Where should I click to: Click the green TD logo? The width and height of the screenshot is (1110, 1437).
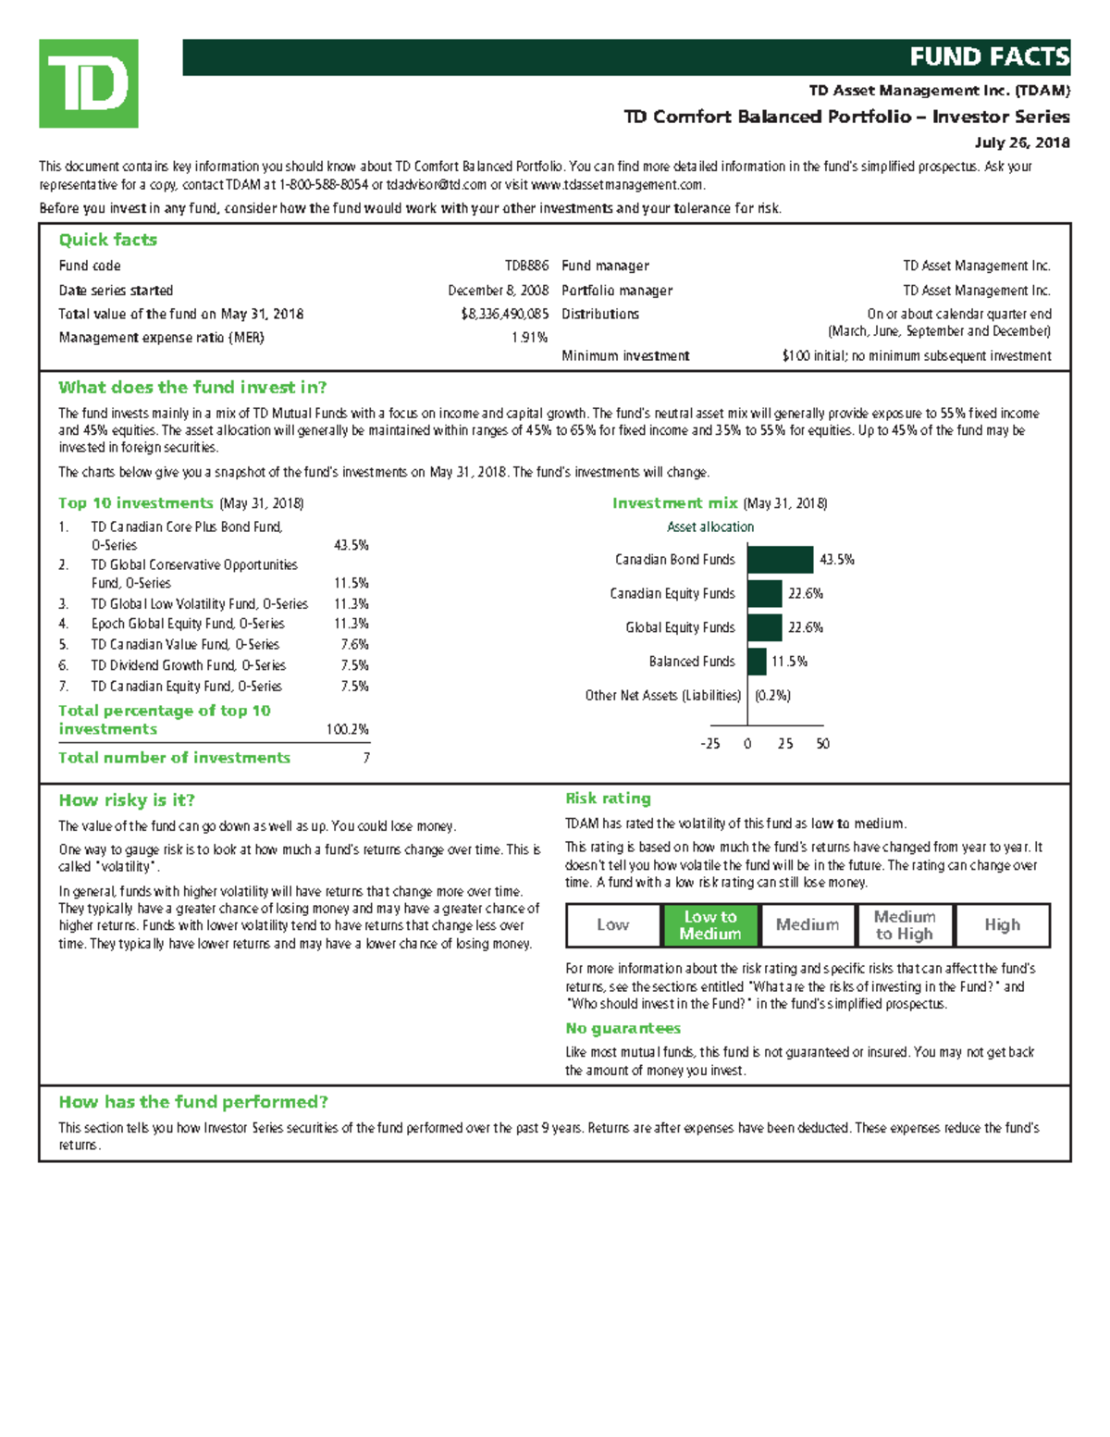tap(88, 83)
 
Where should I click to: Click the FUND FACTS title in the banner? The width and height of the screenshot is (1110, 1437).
tap(988, 57)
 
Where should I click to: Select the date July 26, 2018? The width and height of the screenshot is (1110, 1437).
tap(1022, 142)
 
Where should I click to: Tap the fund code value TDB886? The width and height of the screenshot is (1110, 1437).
tap(526, 266)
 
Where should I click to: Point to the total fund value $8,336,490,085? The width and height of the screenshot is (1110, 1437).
tap(504, 314)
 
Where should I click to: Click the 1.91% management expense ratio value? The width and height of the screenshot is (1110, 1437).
tap(529, 338)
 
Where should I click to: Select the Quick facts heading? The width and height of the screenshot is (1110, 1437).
tap(107, 240)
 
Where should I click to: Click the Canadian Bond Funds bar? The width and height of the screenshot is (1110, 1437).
tap(780, 560)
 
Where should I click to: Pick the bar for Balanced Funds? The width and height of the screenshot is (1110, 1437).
tap(757, 662)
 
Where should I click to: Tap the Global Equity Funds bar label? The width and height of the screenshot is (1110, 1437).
tap(680, 627)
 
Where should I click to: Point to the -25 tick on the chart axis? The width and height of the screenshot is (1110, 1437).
tap(709, 744)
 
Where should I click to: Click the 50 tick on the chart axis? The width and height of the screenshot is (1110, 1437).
tap(822, 744)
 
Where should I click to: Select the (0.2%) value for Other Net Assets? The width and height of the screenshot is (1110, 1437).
tap(772, 696)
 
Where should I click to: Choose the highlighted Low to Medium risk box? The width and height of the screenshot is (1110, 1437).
tap(710, 925)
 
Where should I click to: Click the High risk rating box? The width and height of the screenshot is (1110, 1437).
tap(1002, 925)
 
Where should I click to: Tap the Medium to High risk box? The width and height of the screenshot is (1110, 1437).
tap(905, 925)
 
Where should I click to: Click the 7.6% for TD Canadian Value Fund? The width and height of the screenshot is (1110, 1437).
tap(354, 645)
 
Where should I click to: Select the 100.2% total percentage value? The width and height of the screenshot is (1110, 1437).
tap(347, 729)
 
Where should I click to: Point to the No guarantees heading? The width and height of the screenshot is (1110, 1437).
tap(623, 1028)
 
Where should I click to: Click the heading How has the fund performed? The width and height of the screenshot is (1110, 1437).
tap(193, 1102)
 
